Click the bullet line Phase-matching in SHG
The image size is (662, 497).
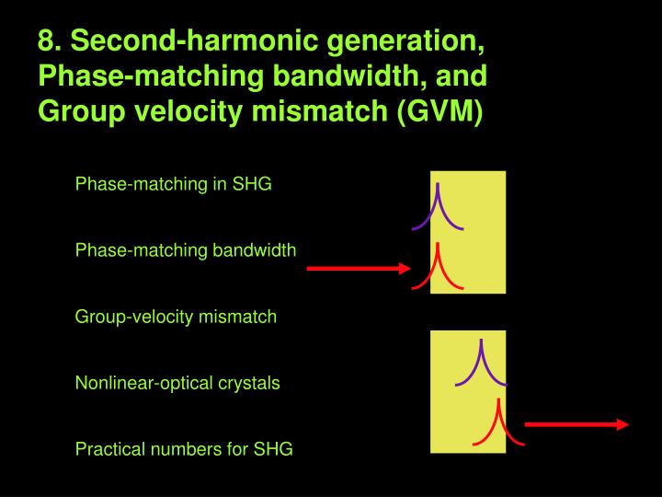[x=173, y=183]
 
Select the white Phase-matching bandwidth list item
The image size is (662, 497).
[x=185, y=249]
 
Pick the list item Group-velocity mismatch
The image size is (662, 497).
[x=176, y=317]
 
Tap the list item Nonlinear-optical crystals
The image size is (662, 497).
[x=177, y=383]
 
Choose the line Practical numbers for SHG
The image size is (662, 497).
[x=184, y=450]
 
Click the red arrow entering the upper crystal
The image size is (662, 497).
[x=358, y=269]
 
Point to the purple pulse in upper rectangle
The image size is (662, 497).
[x=439, y=209]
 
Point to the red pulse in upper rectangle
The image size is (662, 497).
[x=438, y=268]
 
